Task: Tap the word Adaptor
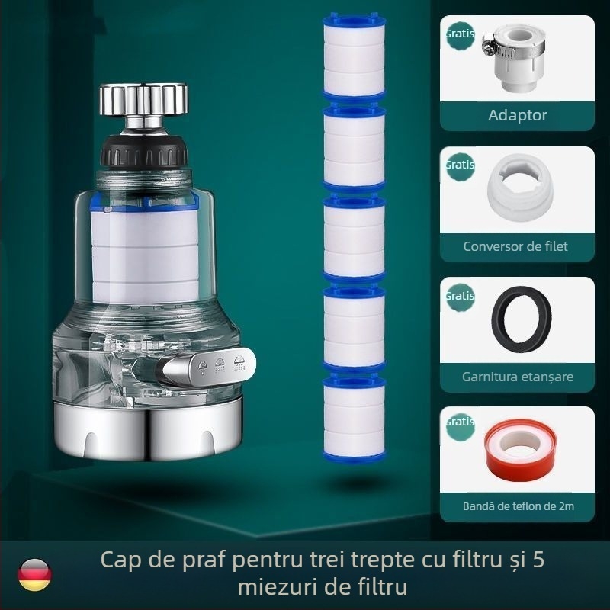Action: pyautogui.click(x=518, y=116)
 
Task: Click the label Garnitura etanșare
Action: pyautogui.click(x=518, y=377)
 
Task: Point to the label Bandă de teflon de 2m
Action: pyautogui.click(x=518, y=506)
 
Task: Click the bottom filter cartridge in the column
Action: pyautogui.click(x=353, y=417)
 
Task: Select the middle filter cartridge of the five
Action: pyautogui.click(x=353, y=237)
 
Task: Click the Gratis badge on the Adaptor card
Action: pyautogui.click(x=460, y=34)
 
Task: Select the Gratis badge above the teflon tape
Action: pyautogui.click(x=460, y=422)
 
